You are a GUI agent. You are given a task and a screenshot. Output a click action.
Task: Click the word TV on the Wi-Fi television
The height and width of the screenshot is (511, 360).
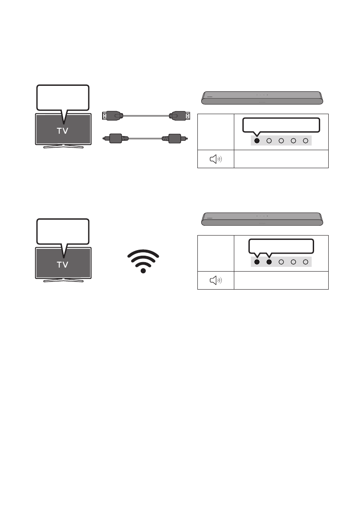[63, 265]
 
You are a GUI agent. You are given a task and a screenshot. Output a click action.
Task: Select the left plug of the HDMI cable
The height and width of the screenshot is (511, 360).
[112, 115]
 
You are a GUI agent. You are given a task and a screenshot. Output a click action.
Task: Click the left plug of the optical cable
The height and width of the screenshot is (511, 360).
[115, 139]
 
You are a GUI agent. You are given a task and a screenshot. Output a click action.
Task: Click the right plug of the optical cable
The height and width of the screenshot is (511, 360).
[173, 139]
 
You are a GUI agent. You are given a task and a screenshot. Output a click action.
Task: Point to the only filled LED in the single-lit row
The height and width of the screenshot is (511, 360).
[257, 140]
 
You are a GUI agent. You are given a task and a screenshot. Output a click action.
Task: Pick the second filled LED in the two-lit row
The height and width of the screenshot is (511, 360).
[269, 262]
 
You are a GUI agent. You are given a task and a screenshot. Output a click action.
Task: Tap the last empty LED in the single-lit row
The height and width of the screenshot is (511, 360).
[306, 140]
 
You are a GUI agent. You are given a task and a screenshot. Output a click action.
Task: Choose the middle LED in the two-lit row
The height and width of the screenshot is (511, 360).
[281, 262]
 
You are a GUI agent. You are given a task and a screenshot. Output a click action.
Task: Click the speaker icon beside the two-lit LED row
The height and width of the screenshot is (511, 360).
[216, 281]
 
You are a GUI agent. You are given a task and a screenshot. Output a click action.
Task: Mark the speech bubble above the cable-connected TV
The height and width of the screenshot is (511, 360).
[63, 97]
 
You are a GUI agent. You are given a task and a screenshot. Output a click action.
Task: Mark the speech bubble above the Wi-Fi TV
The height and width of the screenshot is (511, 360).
[63, 231]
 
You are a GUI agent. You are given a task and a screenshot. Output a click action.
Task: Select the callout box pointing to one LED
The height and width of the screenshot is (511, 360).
[281, 125]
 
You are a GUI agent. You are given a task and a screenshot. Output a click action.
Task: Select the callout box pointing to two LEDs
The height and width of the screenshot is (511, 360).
[281, 246]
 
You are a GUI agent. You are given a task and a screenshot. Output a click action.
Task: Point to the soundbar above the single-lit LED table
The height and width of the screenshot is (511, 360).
[262, 98]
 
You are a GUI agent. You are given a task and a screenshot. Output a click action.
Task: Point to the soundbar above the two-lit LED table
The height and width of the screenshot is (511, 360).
[262, 219]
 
